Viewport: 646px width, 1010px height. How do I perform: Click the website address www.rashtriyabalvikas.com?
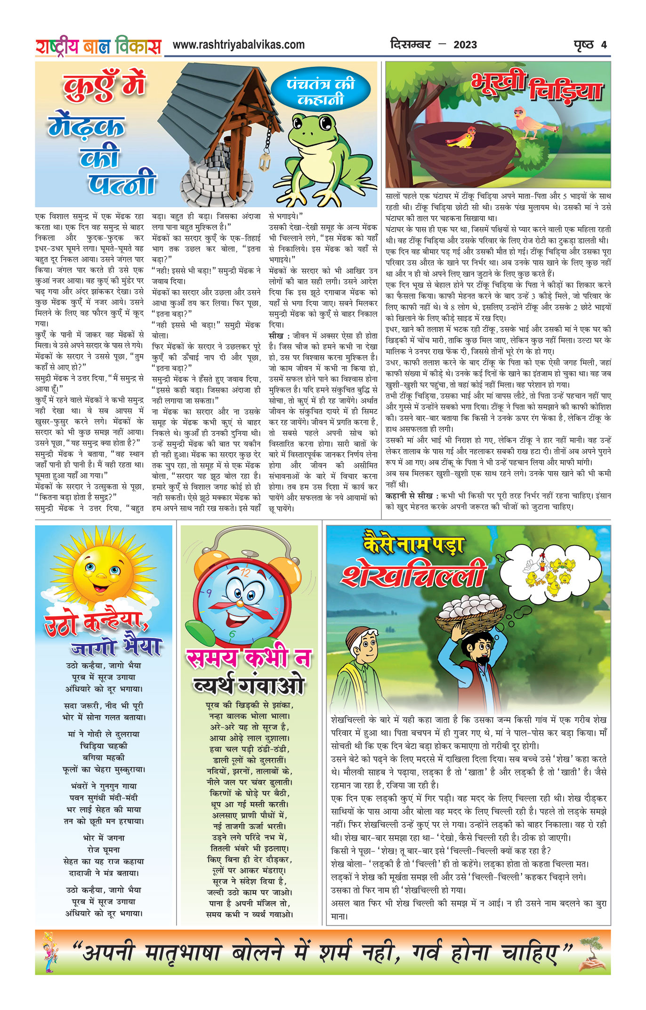pyautogui.click(x=238, y=45)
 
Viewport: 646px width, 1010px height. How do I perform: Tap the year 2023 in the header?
pyautogui.click(x=465, y=45)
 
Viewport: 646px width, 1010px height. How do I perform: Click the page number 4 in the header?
pyautogui.click(x=604, y=45)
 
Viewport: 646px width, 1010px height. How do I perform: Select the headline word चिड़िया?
pyautogui.click(x=565, y=90)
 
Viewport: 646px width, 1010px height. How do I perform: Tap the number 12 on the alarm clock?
pyautogui.click(x=245, y=573)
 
